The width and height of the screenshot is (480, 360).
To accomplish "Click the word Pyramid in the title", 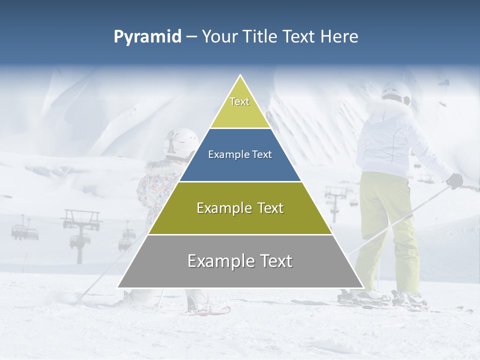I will coord(147,36).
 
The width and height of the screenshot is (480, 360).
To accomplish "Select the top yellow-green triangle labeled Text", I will coord(240,107).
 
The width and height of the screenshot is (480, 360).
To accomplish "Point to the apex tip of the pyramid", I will coord(240,76).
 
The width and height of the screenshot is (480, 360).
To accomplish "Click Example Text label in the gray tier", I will coord(240,261).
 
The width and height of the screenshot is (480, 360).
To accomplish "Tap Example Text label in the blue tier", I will coord(240,154).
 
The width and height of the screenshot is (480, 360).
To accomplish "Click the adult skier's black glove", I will coord(454,180).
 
